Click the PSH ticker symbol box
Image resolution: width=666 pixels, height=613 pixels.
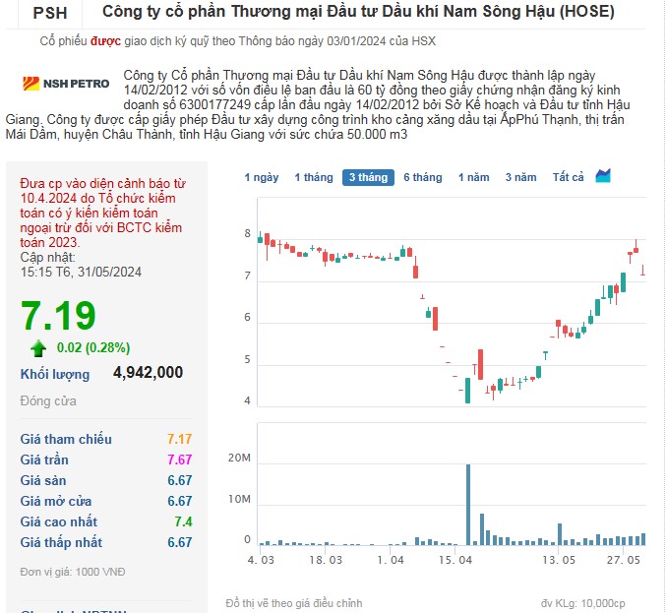(50, 13)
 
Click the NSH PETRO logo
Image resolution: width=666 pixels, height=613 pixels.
(53, 84)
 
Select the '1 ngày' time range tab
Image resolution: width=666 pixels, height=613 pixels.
(262, 177)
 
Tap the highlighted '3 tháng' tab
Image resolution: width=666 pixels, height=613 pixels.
(368, 177)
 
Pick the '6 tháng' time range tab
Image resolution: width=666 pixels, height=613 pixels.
(422, 177)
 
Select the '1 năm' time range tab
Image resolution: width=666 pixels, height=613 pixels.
(473, 177)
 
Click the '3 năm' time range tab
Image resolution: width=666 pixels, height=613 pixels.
(520, 177)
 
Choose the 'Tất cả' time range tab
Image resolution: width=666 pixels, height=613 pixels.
(568, 177)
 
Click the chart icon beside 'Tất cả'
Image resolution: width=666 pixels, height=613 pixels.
(603, 176)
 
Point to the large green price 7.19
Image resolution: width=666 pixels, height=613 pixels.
(59, 316)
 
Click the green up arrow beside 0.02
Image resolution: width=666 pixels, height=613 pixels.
(38, 347)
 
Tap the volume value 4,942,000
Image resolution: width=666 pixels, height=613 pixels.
(148, 373)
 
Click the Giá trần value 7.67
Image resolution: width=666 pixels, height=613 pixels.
(179, 460)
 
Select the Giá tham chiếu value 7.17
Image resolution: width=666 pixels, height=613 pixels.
(179, 439)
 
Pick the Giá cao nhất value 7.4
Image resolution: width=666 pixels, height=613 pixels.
(183, 521)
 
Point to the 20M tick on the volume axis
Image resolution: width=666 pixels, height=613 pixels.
(239, 460)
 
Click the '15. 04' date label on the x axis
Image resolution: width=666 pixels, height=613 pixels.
(454, 560)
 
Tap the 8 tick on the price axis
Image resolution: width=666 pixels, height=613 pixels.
(248, 234)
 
